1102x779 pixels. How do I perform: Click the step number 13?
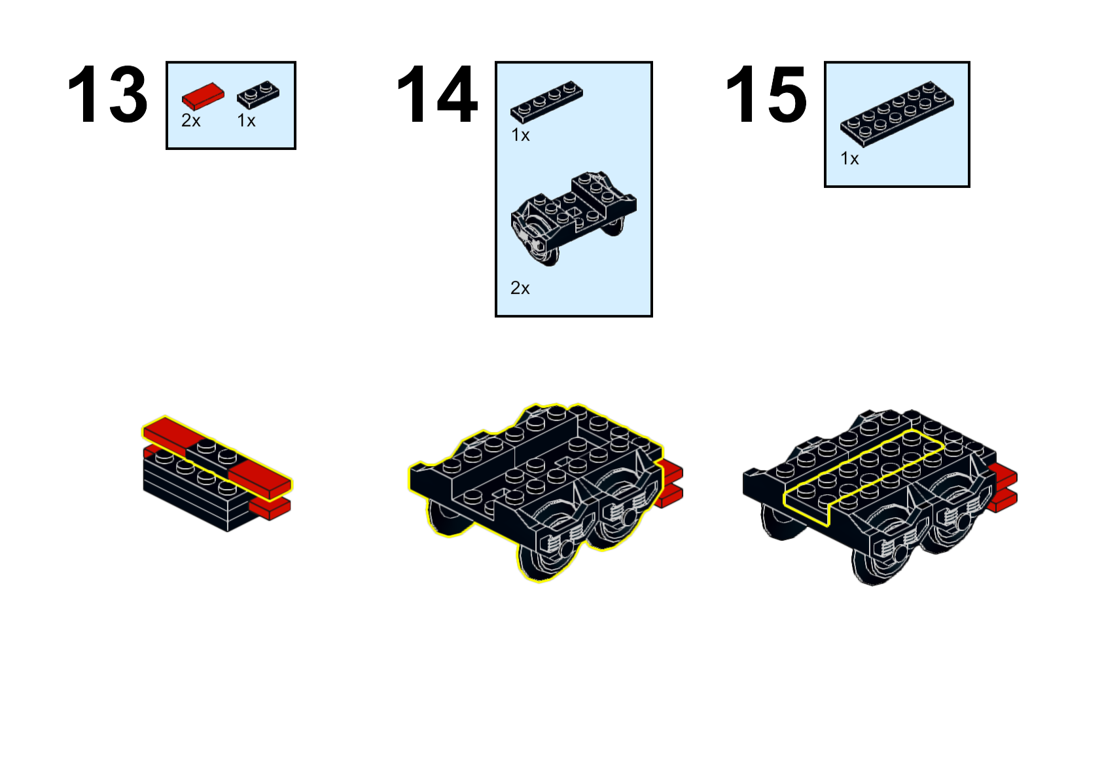click(107, 94)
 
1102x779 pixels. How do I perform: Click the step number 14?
click(437, 94)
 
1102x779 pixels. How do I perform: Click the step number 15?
click(766, 94)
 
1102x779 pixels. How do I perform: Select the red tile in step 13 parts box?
click(203, 96)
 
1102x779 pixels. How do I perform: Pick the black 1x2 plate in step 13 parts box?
click(258, 94)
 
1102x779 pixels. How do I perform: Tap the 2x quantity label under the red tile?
click(191, 120)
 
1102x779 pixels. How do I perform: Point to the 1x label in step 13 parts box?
click(247, 120)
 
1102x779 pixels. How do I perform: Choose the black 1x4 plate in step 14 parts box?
click(546, 101)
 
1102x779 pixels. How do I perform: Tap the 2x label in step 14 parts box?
click(520, 288)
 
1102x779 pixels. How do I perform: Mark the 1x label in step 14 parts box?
click(520, 135)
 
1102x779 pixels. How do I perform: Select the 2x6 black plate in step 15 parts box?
click(897, 114)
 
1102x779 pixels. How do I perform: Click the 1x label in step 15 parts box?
click(849, 158)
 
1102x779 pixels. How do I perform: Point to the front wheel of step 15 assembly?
click(881, 561)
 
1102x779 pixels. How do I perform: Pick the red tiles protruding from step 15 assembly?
click(1004, 487)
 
